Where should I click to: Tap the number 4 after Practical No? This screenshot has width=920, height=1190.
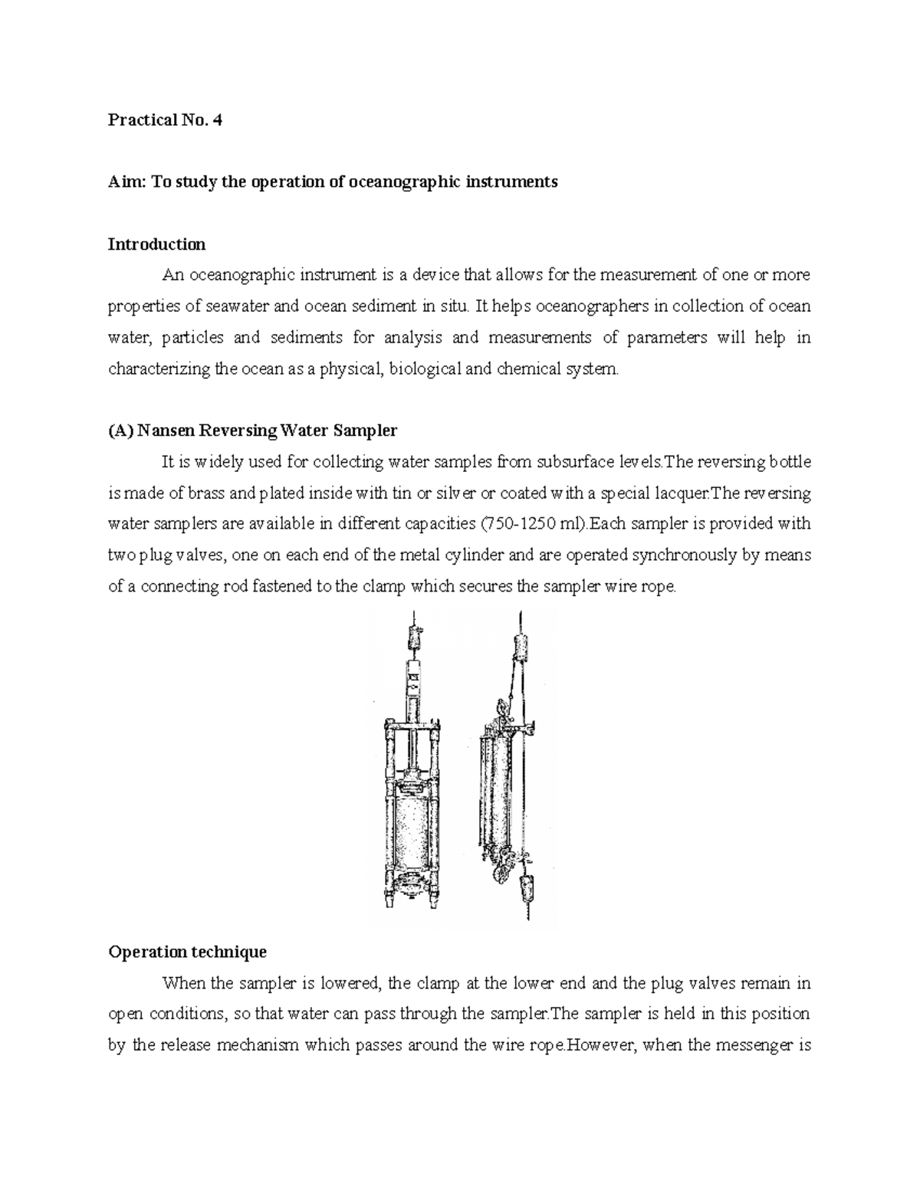[x=217, y=120]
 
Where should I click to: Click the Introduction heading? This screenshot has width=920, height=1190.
[x=156, y=244]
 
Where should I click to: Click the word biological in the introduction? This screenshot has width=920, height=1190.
[x=426, y=369]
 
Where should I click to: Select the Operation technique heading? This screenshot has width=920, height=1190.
[x=187, y=952]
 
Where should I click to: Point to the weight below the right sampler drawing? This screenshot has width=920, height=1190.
[x=527, y=887]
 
